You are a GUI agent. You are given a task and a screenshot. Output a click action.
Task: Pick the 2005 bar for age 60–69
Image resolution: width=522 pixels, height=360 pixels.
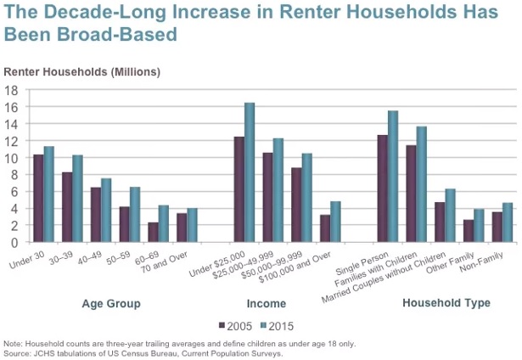[153, 233]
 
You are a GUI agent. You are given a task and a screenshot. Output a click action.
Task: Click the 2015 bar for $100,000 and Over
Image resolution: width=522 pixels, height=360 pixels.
[335, 222]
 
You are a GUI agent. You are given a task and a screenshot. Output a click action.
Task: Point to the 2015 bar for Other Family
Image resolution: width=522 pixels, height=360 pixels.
[478, 226]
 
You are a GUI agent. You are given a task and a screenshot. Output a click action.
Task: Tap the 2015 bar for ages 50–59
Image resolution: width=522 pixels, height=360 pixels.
[134, 215]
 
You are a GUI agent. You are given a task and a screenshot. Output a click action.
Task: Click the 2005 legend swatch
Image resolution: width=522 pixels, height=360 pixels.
[222, 325]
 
